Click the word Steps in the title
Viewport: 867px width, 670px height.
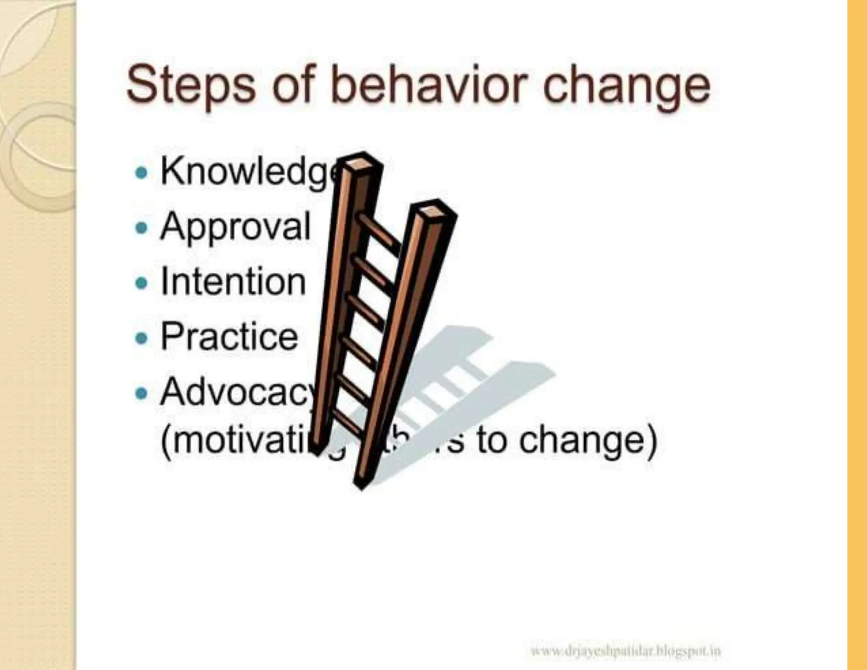[191, 85]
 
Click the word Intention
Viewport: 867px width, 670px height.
[233, 281]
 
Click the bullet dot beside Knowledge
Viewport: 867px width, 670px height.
[141, 173]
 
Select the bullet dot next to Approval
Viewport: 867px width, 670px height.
[141, 228]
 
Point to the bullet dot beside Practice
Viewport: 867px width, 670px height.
[141, 338]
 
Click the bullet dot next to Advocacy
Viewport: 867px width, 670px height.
[141, 393]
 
